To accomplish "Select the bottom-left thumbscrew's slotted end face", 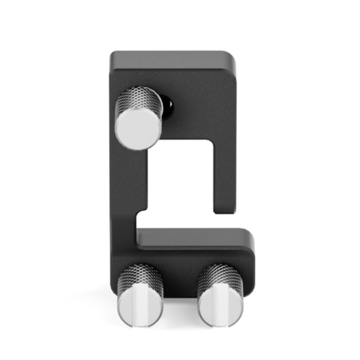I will (139, 310).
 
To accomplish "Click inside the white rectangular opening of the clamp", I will (180, 180).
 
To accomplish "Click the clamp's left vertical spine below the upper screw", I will (128, 189).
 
